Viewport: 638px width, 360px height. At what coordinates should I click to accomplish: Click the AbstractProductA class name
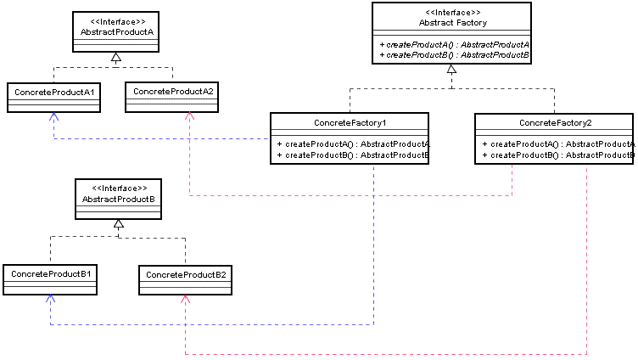click(x=117, y=31)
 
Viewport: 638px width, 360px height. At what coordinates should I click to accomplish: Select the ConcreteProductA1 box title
click(x=54, y=93)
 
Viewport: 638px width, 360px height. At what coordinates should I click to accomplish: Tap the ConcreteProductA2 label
click(x=173, y=92)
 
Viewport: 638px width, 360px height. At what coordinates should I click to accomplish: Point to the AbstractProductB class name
click(x=119, y=200)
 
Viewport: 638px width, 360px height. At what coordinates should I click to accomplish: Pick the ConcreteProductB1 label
click(x=51, y=274)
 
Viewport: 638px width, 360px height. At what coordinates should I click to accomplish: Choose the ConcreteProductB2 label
click(x=186, y=275)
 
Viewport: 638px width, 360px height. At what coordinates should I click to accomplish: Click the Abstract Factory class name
click(x=453, y=23)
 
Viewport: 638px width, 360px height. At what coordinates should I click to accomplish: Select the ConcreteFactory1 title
click(x=350, y=123)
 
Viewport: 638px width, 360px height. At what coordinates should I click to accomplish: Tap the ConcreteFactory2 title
click(x=556, y=123)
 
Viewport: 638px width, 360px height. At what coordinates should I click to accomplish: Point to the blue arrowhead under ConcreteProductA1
click(x=53, y=116)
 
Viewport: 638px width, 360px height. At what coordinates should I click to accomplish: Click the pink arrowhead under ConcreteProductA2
click(x=189, y=116)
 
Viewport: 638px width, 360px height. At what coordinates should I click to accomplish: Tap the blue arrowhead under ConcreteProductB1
click(x=50, y=299)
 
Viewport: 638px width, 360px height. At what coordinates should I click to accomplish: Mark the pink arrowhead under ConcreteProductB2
click(x=186, y=300)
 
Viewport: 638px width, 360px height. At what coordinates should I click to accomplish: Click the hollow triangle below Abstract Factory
click(x=451, y=70)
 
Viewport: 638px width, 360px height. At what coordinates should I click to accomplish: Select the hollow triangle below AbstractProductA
click(x=116, y=57)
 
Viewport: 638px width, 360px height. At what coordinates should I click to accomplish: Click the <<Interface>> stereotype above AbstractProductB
click(x=120, y=188)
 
